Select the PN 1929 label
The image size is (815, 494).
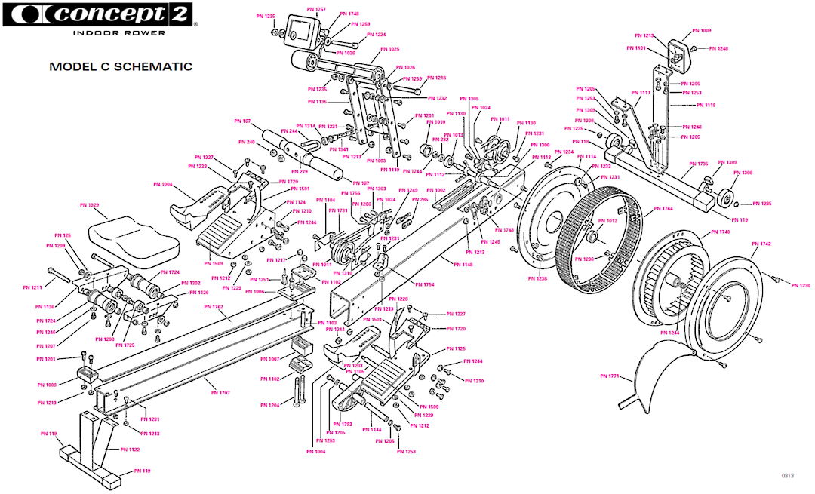(89, 205)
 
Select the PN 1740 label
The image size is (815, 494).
(720, 232)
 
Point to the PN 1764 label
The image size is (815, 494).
(663, 208)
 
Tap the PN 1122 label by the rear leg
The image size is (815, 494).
(130, 449)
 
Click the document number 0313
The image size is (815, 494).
(788, 476)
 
